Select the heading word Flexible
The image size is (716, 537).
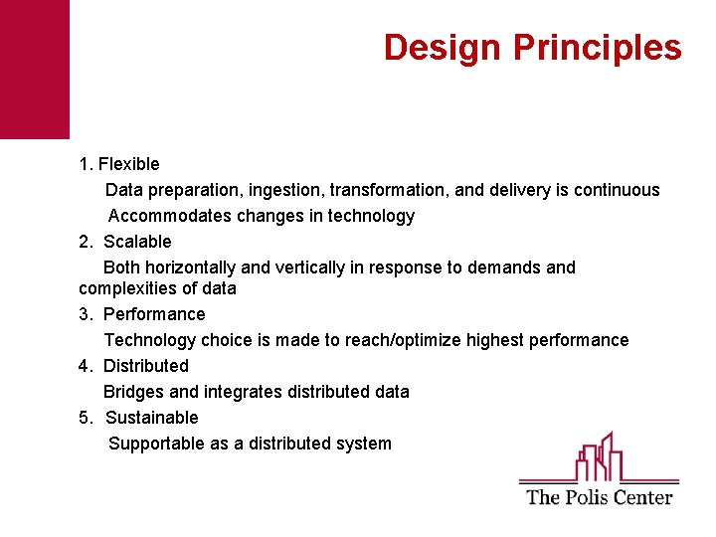(x=128, y=164)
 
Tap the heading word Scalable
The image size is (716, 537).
(x=137, y=242)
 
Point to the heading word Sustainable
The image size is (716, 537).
(x=151, y=418)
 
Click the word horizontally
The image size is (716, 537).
(x=192, y=268)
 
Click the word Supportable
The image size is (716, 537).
(x=156, y=444)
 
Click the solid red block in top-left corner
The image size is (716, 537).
(x=35, y=69)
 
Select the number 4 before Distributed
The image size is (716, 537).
(x=84, y=366)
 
